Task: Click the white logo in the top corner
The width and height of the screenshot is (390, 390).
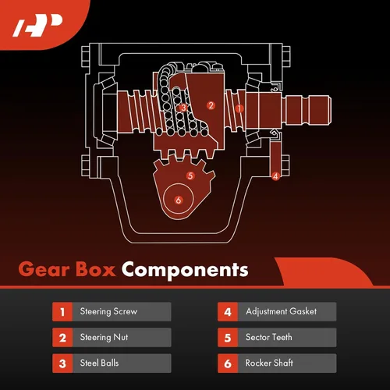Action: pos(37,26)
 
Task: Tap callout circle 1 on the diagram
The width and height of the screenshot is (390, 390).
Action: pos(239,108)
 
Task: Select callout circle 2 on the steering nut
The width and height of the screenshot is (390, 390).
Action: pos(211,105)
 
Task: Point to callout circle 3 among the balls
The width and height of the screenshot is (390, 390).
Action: pos(183,108)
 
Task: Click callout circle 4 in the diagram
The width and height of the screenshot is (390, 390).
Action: pos(275,176)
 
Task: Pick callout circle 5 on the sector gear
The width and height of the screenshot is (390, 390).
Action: pos(190,175)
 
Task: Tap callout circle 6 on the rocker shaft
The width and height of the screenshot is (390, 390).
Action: pos(179,200)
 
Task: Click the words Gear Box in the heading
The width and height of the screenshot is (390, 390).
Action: pos(67,269)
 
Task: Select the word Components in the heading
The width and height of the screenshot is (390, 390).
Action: pos(185,271)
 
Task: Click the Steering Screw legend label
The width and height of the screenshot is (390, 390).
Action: pos(108,311)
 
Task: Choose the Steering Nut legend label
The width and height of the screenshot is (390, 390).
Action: pos(104,337)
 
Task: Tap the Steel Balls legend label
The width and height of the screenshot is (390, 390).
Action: pos(99,363)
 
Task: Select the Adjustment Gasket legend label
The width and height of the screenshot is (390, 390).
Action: pos(282,311)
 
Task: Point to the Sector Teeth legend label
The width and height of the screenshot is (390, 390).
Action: pos(269,337)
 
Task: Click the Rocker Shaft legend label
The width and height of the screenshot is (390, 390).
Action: pos(269,363)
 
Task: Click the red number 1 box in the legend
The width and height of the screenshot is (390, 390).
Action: pos(62,311)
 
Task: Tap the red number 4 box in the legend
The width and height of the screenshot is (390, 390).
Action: pos(228,311)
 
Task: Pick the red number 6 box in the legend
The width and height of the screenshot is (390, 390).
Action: pos(228,363)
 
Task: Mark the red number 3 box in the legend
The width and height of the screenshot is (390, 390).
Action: pos(62,363)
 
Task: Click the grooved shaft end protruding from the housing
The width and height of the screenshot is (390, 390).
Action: pos(308,110)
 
